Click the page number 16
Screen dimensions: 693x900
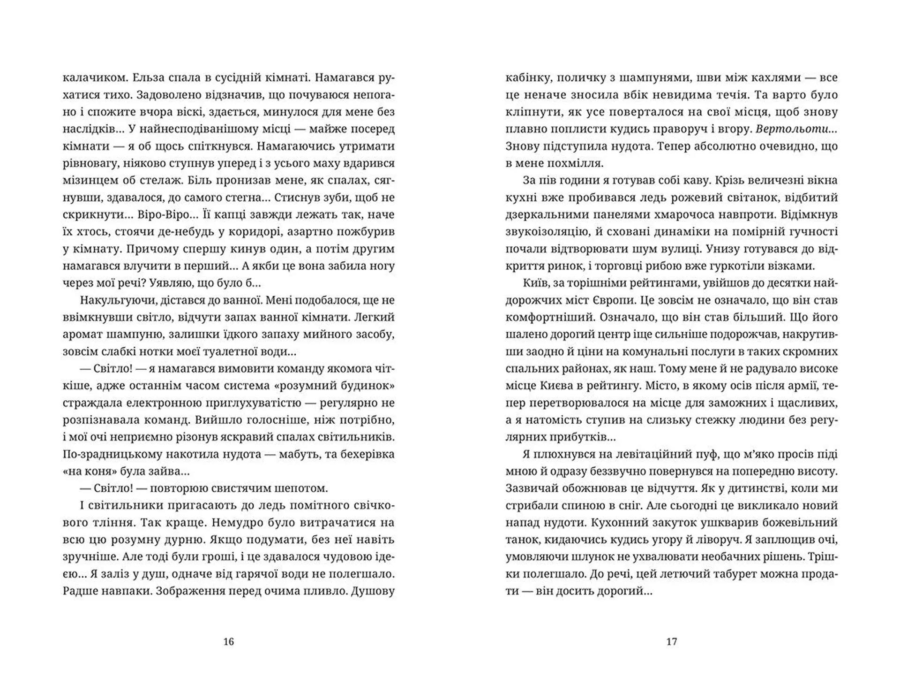tap(228, 641)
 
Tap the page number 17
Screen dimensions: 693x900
tap(672, 641)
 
